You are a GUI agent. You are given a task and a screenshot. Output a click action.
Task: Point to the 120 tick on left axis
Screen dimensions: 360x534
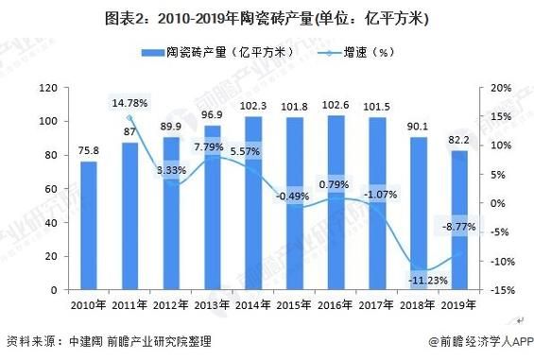click(x=48, y=88)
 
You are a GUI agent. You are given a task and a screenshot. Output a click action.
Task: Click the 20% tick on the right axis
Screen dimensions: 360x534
click(x=500, y=88)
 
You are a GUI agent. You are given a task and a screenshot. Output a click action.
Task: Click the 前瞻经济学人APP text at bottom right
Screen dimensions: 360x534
click(x=481, y=341)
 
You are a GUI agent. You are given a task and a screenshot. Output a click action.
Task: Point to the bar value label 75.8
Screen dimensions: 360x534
click(x=88, y=149)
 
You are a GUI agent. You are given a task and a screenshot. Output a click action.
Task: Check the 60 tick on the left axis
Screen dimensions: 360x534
click(x=52, y=189)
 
